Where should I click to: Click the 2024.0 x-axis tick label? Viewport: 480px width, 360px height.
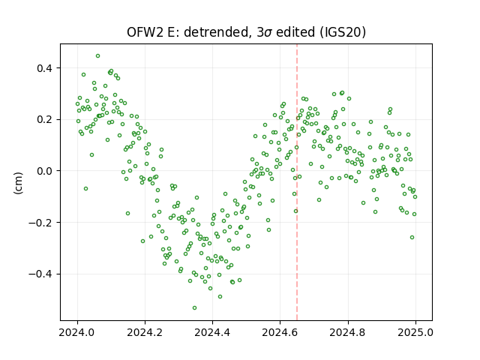click(77, 332)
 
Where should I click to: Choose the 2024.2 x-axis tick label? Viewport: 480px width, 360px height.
click(145, 332)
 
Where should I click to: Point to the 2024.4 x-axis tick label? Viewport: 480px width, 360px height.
click(212, 332)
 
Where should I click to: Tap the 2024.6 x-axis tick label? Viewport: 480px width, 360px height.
click(280, 332)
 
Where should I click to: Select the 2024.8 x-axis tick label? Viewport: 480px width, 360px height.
click(348, 332)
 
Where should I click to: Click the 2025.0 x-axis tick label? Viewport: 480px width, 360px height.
click(415, 332)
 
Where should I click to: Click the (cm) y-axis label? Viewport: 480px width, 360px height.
click(18, 183)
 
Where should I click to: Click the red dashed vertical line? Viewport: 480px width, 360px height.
click(297, 182)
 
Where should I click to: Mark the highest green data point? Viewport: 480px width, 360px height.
click(98, 56)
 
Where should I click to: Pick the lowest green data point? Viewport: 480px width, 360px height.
click(194, 308)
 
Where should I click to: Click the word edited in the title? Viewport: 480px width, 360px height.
click(295, 31)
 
